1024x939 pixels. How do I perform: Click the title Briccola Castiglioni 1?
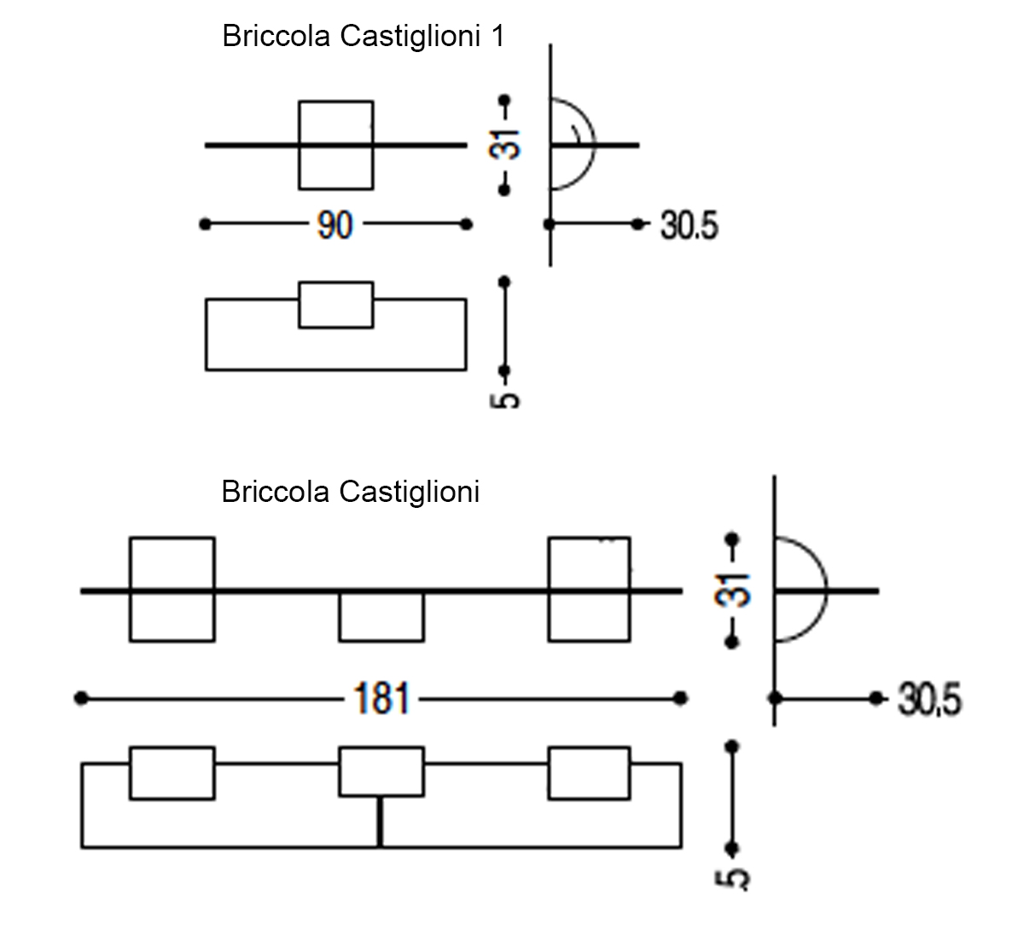[x=364, y=37]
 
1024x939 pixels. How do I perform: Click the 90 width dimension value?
[x=335, y=225]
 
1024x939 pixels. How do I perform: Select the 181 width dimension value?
[x=381, y=698]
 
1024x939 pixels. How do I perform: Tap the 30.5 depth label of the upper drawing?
[x=689, y=225]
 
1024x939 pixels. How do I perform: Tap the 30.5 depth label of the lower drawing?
[x=929, y=699]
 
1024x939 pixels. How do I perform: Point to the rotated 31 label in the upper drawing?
[x=504, y=144]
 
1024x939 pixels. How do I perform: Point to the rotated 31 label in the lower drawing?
[x=732, y=591]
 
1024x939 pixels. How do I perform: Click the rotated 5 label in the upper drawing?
[x=504, y=400]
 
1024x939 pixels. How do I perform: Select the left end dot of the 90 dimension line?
[x=205, y=225]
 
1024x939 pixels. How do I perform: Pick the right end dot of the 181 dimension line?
[x=680, y=698]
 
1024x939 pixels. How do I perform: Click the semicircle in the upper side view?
[x=594, y=144]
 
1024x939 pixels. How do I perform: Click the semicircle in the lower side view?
[x=825, y=590]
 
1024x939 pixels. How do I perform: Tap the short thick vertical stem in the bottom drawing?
[x=380, y=822]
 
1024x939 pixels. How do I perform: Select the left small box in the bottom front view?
[x=172, y=773]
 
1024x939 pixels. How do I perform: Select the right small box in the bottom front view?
[x=589, y=773]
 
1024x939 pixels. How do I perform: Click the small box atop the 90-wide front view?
[x=336, y=305]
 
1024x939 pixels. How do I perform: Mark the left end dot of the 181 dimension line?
[x=81, y=698]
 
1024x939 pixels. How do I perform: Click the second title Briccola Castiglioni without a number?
[x=350, y=493]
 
